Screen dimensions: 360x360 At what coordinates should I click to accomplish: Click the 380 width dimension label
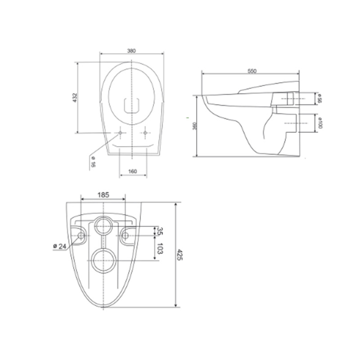pyautogui.click(x=131, y=51)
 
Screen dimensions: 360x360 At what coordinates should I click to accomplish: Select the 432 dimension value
pyautogui.click(x=75, y=97)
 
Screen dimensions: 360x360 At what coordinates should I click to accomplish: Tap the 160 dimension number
pyautogui.click(x=133, y=171)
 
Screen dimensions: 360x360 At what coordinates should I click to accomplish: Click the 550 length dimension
pyautogui.click(x=252, y=71)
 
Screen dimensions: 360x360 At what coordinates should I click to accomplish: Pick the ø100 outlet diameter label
pyautogui.click(x=319, y=123)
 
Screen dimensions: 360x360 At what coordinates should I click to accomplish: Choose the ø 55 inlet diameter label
pyautogui.click(x=319, y=99)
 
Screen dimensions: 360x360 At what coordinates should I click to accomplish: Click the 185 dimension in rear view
pyautogui.click(x=103, y=195)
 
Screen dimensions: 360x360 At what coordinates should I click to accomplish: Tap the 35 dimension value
pyautogui.click(x=160, y=231)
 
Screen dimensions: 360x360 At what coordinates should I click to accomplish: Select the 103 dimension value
pyautogui.click(x=160, y=249)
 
